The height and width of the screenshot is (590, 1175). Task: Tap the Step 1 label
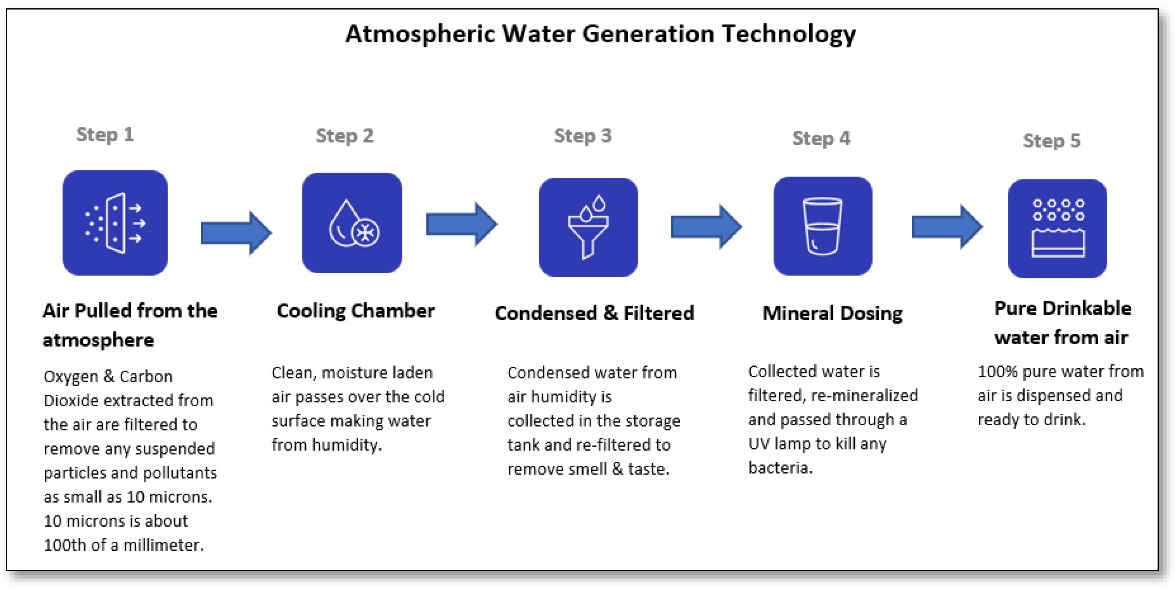[105, 135]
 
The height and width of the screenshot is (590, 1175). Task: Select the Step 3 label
[582, 136]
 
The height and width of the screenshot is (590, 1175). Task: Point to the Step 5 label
[1051, 141]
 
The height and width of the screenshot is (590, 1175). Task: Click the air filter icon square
[115, 223]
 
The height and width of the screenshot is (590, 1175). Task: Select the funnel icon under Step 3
[588, 227]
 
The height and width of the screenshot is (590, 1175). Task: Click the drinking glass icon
[822, 226]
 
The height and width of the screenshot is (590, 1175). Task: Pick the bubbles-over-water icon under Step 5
[1057, 228]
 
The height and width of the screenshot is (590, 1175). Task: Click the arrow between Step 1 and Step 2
[236, 233]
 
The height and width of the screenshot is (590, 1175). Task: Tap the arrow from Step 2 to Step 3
[461, 224]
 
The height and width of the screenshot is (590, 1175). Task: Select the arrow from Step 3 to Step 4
[705, 226]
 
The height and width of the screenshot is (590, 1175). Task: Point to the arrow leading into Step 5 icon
[947, 226]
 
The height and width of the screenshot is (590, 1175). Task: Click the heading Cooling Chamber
[356, 311]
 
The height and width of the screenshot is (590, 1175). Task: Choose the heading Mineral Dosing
[833, 314]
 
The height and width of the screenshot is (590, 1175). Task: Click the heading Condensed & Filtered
[594, 314]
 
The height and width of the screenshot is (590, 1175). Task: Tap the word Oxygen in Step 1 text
[71, 377]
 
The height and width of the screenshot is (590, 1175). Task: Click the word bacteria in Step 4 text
[780, 468]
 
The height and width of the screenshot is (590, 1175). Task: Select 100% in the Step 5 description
[997, 371]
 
